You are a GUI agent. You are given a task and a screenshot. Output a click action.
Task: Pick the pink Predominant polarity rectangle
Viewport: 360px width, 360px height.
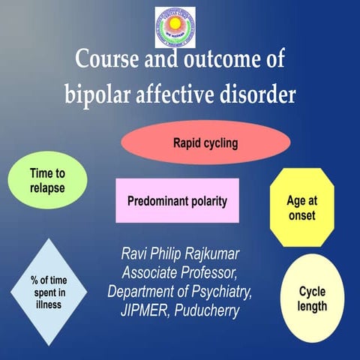click(178, 201)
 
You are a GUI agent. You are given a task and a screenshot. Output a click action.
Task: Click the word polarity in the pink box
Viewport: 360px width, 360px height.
click(203, 201)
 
